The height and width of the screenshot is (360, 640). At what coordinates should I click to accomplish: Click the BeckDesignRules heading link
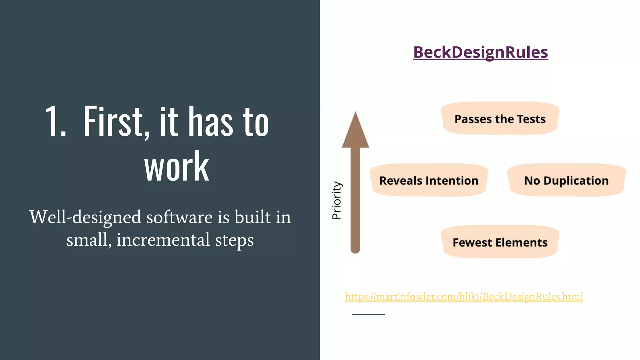point(480,52)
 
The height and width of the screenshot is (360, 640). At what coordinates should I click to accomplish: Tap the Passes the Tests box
point(500,118)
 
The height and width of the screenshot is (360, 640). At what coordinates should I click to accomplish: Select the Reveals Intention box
point(429,180)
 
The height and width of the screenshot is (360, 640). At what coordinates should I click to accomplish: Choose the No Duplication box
point(566,180)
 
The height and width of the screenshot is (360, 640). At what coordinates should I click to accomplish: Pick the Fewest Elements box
point(500,242)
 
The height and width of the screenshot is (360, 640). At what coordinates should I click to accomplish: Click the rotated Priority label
point(337,200)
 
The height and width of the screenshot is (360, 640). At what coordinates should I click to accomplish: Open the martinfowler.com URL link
point(464,296)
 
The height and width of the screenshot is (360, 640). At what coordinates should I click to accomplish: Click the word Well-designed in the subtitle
point(85,217)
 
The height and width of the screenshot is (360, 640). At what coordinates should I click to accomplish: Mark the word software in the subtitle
point(179,217)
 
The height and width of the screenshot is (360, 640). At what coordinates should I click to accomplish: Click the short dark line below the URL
point(368,314)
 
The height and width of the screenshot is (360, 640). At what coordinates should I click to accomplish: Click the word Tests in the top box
point(531,119)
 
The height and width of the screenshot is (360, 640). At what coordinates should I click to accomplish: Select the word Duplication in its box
point(576,181)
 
